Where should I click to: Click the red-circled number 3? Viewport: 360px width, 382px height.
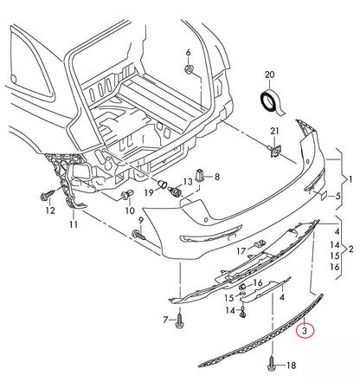pos(305,329)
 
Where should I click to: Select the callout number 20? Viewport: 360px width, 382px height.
pos(268,75)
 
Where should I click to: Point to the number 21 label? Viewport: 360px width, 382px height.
pos(274,131)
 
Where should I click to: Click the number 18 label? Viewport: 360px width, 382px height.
pos(291,366)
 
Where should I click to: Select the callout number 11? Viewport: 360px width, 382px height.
pos(74,224)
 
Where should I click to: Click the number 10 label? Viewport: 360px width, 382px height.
pos(129,210)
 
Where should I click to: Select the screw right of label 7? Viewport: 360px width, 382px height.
pos(179,320)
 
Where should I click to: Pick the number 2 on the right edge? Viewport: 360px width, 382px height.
pos(350,249)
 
